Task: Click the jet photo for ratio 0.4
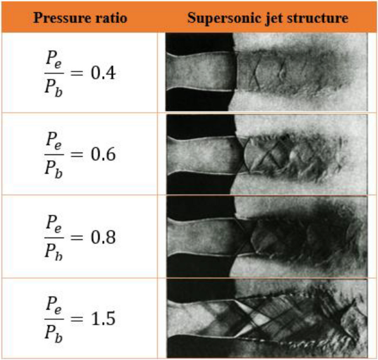(x=267, y=72)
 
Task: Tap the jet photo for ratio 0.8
(x=267, y=236)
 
